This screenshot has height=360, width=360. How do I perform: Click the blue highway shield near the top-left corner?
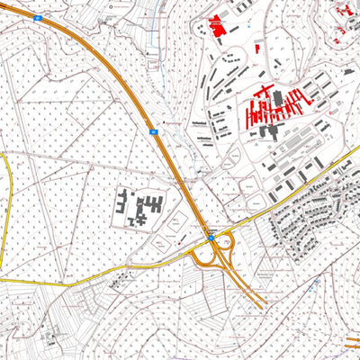38,17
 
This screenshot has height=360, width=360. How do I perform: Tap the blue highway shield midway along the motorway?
154,131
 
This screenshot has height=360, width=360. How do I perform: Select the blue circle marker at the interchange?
212,238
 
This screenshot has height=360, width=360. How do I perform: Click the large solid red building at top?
217,24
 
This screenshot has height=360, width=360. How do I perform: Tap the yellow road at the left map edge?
5,207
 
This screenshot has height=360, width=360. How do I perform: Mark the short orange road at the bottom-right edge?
353,340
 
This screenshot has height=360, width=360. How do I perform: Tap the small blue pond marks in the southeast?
316,281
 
